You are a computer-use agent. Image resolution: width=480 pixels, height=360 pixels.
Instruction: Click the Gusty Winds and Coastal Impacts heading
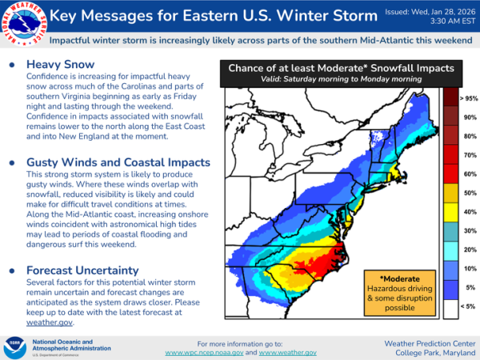(118, 162)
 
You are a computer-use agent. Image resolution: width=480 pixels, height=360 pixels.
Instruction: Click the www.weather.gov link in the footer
(288, 352)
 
